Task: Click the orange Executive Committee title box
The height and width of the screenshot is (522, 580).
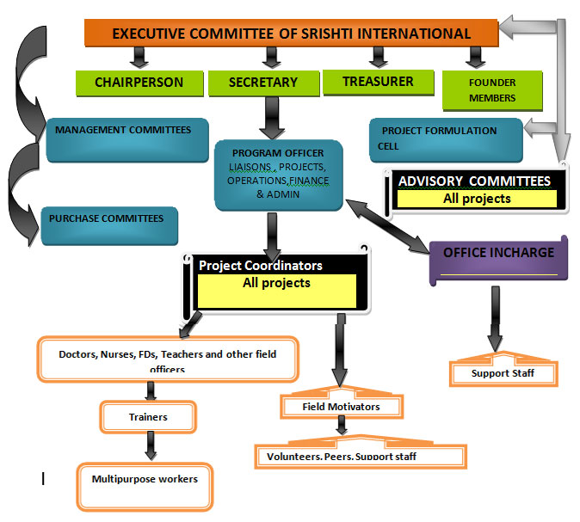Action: point(291,34)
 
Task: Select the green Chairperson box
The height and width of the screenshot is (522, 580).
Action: point(139,83)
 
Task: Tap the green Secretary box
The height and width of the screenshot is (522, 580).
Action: point(262,83)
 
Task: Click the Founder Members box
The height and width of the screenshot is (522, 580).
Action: point(492,90)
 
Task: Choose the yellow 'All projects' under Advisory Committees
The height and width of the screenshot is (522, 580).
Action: point(476,199)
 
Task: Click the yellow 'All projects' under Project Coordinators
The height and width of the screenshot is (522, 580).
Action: point(276,291)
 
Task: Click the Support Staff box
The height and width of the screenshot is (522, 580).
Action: point(503,373)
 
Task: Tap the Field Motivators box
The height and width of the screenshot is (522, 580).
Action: point(341,406)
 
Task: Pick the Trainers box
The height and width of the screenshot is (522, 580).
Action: point(148,417)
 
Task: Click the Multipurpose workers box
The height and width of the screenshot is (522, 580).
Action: point(145,479)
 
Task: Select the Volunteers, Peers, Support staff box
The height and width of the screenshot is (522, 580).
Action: point(360,456)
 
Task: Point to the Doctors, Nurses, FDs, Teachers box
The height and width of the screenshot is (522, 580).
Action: point(167,359)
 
